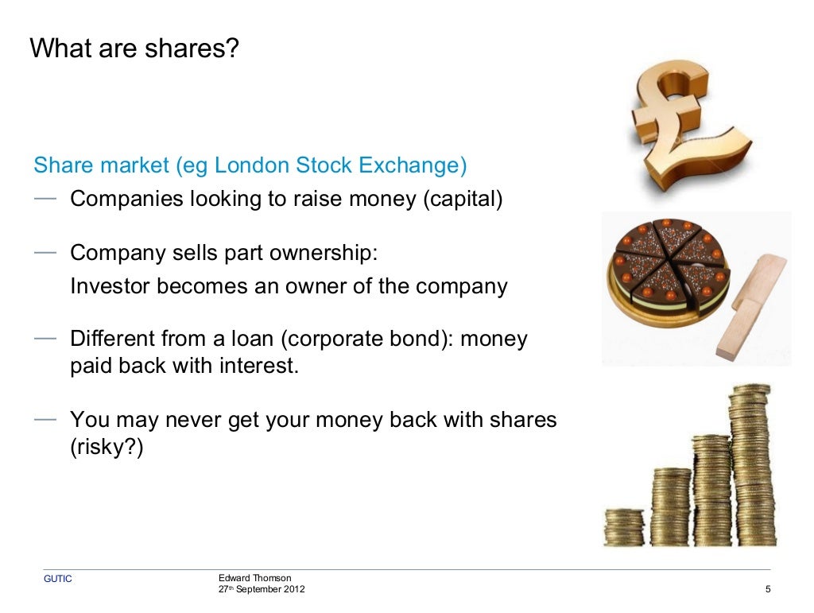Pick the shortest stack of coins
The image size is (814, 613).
coord(624,526)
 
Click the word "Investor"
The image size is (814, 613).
coord(112,286)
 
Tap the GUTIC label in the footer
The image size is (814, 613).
coord(57,579)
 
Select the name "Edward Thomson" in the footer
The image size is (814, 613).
coord(254,577)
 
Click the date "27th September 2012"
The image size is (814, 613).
coord(261,589)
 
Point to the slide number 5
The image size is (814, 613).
coord(767,589)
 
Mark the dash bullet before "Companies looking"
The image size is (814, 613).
coord(45,196)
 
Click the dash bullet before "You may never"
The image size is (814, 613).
coord(45,417)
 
